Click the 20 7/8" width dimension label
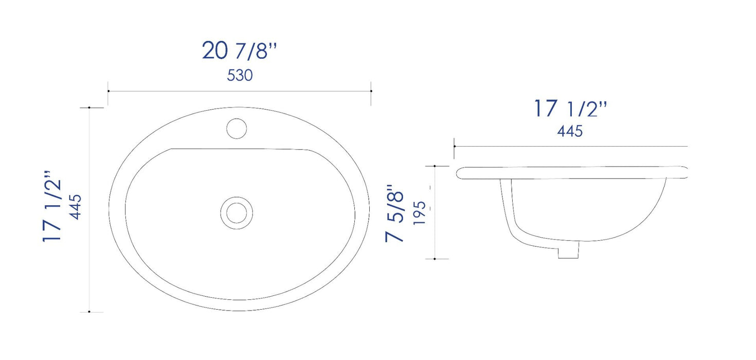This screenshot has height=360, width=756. tap(240, 51)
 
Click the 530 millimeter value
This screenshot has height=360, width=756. tap(240, 76)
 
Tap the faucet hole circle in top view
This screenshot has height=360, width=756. tap(237, 128)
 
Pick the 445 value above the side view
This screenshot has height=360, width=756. tap(570, 132)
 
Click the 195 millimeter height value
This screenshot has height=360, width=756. tap(420, 213)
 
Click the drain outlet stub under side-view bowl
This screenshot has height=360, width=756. tap(569, 250)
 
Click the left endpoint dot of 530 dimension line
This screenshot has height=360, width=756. tap(108, 91)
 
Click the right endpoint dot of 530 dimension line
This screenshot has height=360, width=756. tap(371, 91)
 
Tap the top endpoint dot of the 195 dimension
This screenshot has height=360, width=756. tap(435, 166)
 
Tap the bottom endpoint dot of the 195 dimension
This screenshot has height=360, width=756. tap(435, 259)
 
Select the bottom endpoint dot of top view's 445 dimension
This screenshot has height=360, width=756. tap(89, 312)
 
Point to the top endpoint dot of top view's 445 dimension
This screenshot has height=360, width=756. tap(89, 107)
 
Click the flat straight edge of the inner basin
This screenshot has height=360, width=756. tap(239, 149)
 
